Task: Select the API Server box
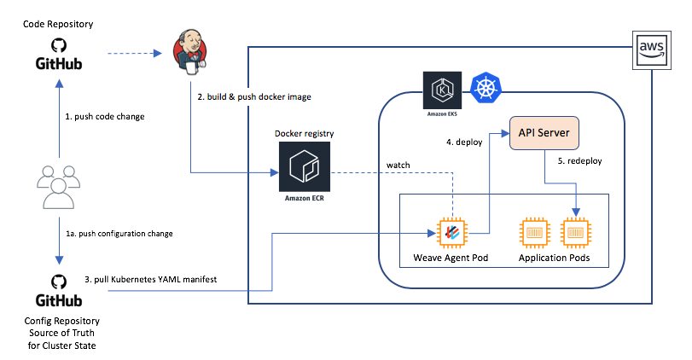pos(544,134)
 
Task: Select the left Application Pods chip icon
pos(535,233)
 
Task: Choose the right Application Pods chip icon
pos(576,233)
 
